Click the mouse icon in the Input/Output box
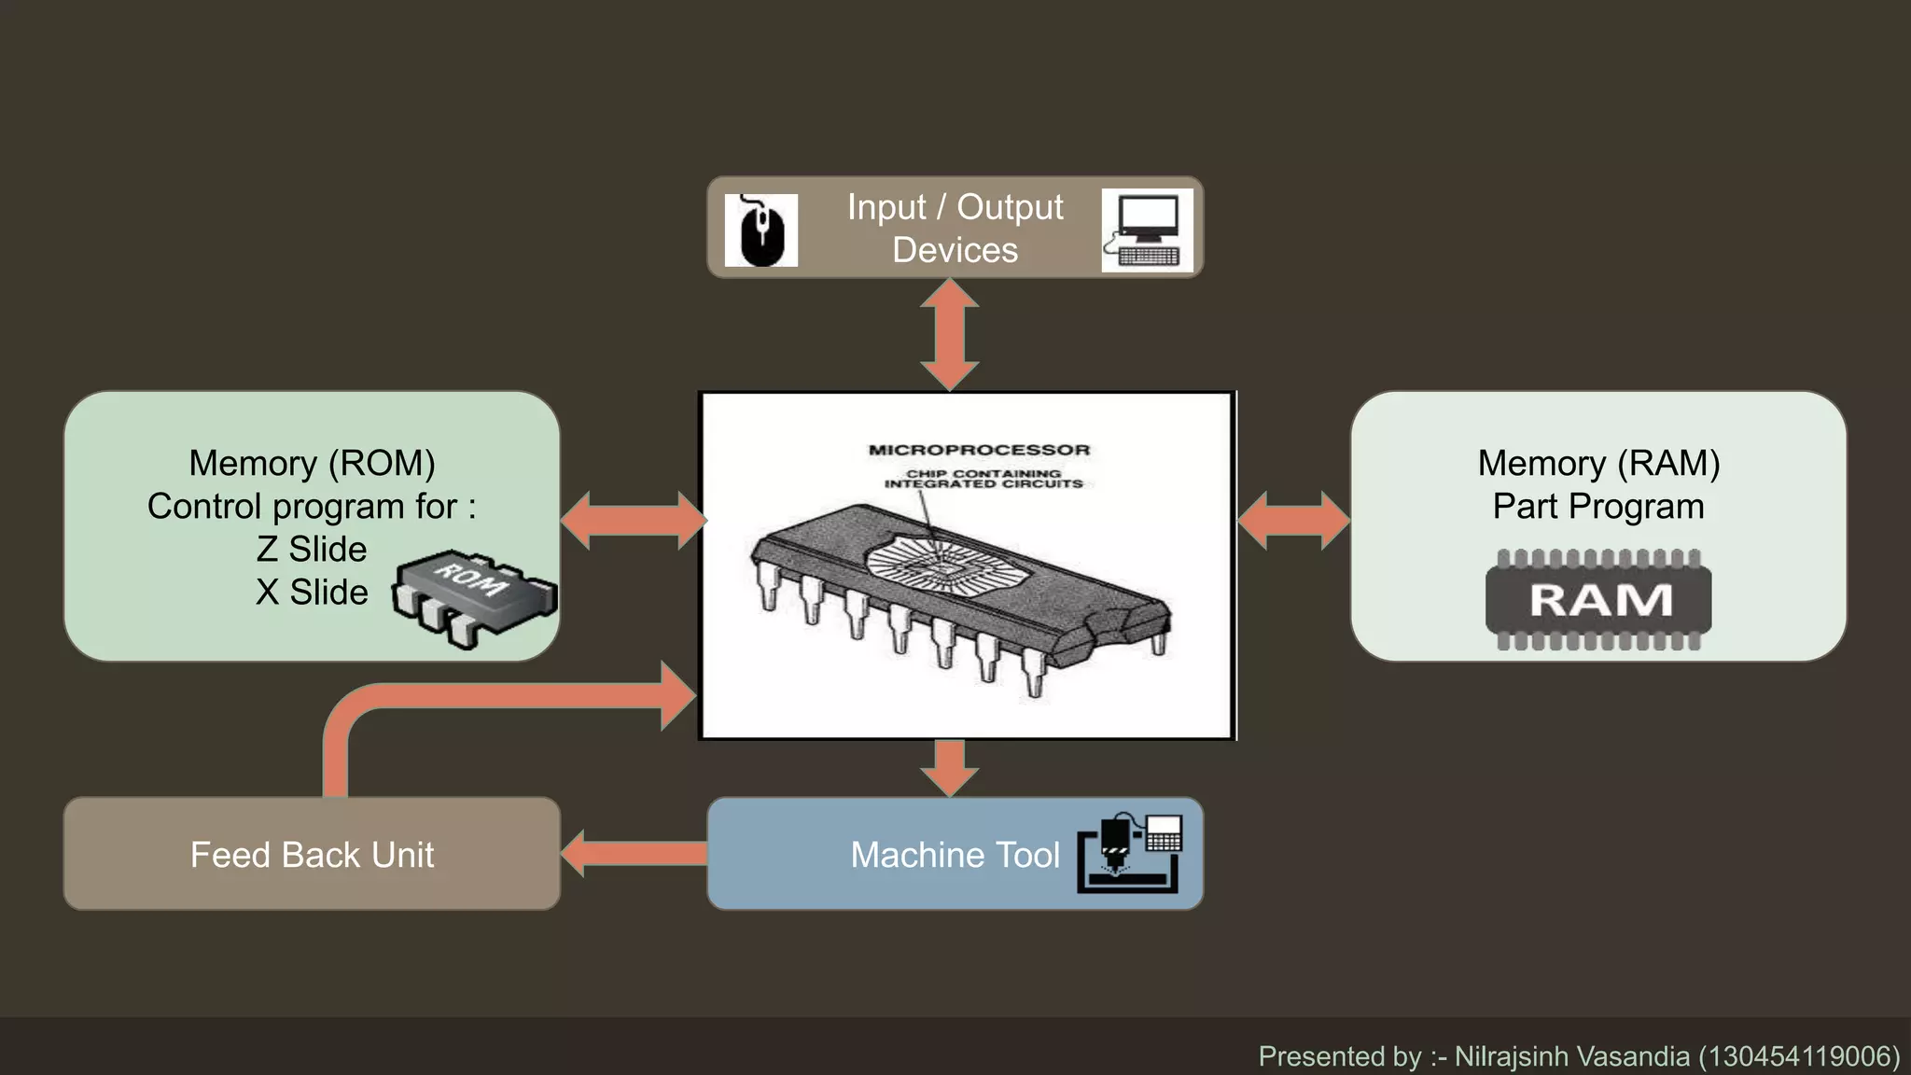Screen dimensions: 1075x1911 (x=761, y=230)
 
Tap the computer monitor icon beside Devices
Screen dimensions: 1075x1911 (x=1146, y=230)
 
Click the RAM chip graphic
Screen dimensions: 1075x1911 (x=1598, y=599)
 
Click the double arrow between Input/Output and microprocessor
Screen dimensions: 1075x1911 (x=950, y=335)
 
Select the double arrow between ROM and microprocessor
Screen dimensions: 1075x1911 (x=634, y=520)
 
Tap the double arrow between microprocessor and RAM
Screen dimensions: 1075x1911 (x=1293, y=520)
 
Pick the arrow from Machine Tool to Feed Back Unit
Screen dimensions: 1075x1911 (x=635, y=853)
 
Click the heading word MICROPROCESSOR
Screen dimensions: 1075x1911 (x=979, y=450)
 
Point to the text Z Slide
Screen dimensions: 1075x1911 (x=312, y=549)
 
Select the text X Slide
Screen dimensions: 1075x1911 (x=312, y=592)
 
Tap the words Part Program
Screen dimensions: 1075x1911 (x=1597, y=506)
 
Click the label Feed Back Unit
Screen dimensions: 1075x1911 (x=312, y=855)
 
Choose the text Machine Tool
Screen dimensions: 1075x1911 (x=955, y=855)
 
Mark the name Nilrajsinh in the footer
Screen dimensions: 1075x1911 (x=1511, y=1056)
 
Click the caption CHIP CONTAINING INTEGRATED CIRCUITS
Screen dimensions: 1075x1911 (x=983, y=479)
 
